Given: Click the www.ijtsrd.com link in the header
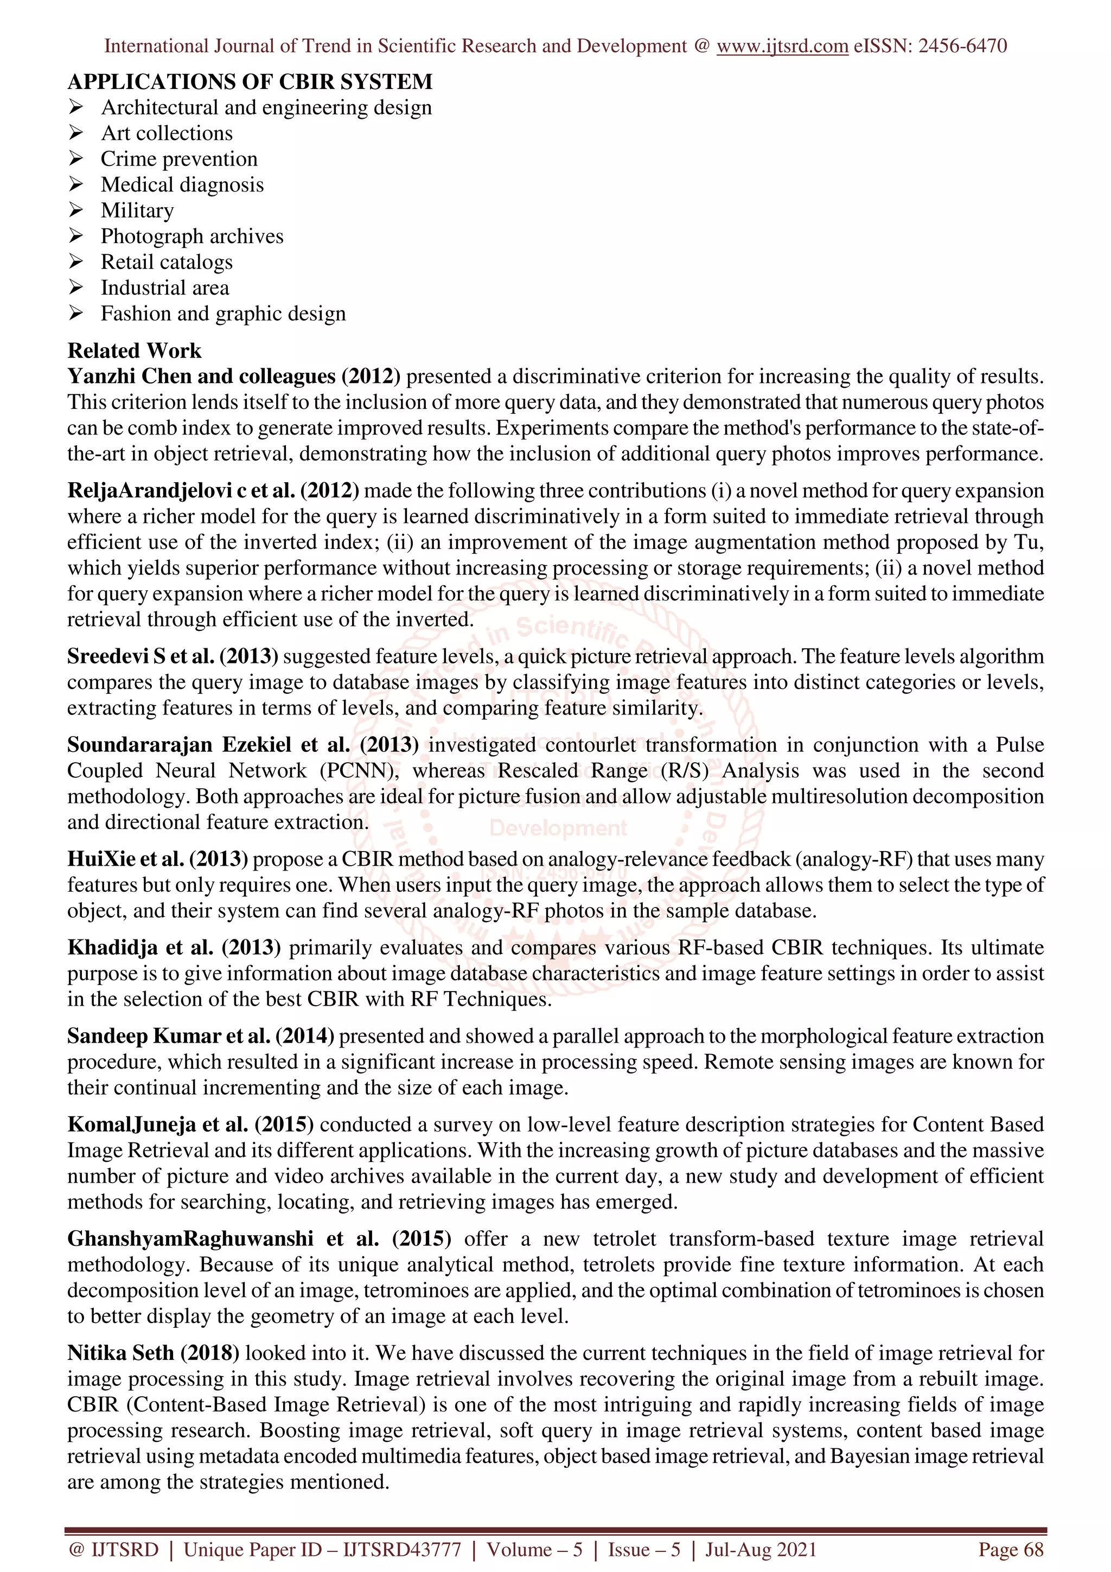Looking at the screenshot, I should pos(782,46).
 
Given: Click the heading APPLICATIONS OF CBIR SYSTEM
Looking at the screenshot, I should pos(250,82).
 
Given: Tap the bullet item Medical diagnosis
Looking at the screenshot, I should pos(182,185).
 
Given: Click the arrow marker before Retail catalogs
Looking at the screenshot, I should pos(75,261).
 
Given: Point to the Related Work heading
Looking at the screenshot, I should pos(134,350).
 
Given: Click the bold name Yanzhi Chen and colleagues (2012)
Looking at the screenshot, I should pos(233,376).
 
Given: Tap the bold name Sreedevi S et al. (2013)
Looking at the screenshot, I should pos(173,656).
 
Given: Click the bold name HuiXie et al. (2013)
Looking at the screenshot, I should pos(157,859).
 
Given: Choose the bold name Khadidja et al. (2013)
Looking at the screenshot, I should pos(174,948).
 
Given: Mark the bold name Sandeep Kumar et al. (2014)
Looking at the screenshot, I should pos(201,1036).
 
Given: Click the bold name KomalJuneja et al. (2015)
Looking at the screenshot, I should pos(190,1124).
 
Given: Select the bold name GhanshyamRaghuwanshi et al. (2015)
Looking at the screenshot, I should pos(259,1238).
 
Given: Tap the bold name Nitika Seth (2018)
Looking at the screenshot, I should pos(154,1353).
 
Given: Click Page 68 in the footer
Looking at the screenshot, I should pos(1011,1549).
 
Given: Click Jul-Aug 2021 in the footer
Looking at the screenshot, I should pos(761,1549).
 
